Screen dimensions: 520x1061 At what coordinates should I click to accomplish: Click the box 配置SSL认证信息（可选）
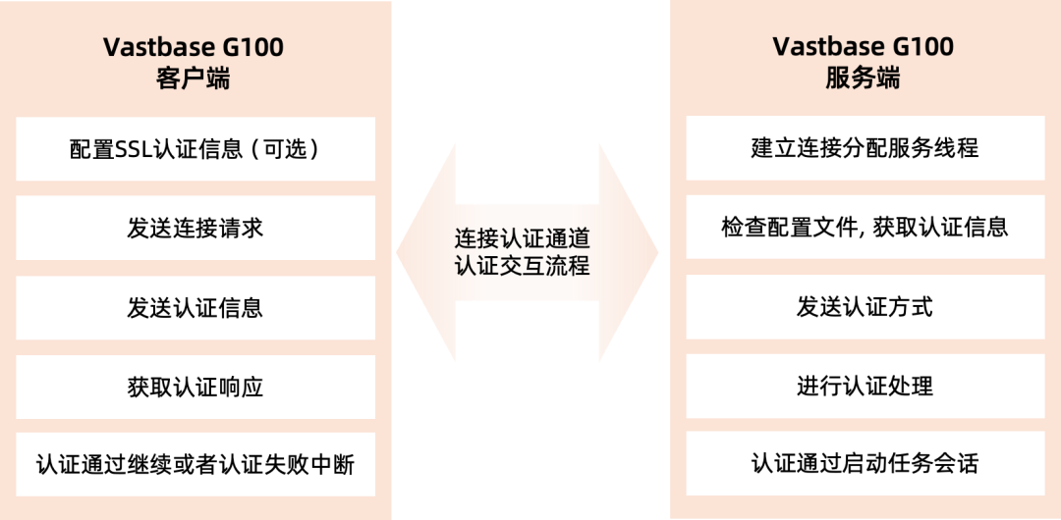click(195, 149)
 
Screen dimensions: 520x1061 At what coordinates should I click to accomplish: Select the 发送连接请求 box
click(195, 229)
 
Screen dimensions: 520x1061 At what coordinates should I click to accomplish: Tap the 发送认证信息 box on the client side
click(195, 308)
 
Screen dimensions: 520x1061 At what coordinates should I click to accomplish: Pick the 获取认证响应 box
click(195, 387)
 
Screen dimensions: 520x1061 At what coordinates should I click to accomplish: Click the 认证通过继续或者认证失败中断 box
click(195, 463)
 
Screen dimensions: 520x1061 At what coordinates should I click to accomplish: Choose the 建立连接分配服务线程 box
click(865, 149)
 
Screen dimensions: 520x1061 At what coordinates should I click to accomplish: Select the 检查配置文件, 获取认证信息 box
click(865, 228)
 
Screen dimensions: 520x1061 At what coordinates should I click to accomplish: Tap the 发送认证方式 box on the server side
click(865, 308)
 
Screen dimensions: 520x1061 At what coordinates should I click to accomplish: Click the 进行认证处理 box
click(865, 387)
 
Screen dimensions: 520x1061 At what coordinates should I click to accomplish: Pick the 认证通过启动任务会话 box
click(865, 463)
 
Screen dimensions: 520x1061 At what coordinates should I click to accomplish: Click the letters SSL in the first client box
click(135, 150)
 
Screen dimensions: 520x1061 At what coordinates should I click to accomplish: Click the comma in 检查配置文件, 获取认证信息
click(847, 234)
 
